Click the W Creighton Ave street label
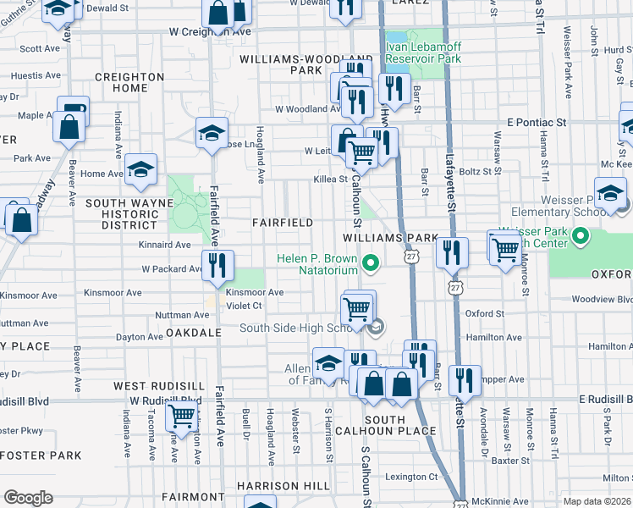coord(209,31)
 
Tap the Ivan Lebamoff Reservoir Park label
coord(423,52)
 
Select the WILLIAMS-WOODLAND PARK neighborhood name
coord(293,65)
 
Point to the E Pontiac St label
coord(537,123)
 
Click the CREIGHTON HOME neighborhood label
coord(124,82)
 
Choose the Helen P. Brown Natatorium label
coord(318,264)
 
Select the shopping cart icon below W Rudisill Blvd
coord(182,416)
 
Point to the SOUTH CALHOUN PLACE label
coord(399,425)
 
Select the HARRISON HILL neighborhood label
coord(283,486)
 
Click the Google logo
coord(28,498)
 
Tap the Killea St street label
coord(331,179)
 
